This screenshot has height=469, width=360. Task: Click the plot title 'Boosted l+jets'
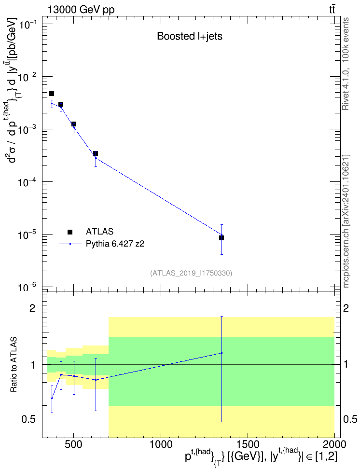click(190, 36)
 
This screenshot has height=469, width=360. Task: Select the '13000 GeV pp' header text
click(81, 10)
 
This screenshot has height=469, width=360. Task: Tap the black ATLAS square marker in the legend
click(70, 232)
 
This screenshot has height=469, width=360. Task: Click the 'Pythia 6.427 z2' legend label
click(115, 244)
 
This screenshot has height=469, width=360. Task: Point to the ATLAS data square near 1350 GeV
click(222, 238)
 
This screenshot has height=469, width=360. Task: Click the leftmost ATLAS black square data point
click(52, 94)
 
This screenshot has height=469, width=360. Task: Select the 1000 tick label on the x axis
click(161, 444)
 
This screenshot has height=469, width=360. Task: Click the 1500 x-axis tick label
click(248, 444)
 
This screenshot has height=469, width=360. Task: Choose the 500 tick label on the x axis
click(74, 444)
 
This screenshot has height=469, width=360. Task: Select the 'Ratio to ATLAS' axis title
click(14, 365)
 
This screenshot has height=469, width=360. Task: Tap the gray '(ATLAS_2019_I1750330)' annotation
click(191, 273)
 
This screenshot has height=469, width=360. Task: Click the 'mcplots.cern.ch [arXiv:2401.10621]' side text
click(346, 221)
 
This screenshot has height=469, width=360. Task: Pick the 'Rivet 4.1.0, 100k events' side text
click(346, 64)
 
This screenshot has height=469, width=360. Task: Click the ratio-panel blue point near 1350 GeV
click(222, 353)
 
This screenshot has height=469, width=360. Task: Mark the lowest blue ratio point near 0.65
click(52, 398)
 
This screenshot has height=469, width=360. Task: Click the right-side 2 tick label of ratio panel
click(346, 308)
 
